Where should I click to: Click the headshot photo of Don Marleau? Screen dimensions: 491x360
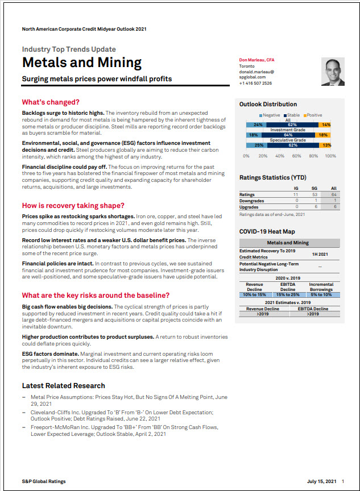pos(333,72)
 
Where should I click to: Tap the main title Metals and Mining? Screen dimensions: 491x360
pos(82,63)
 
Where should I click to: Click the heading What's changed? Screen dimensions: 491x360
pos(51,102)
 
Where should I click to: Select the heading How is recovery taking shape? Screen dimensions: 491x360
pos(73,205)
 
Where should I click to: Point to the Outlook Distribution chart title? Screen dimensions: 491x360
pos(268,105)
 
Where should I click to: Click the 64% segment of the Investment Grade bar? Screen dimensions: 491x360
pos(288,135)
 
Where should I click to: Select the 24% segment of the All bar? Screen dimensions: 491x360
pos(258,124)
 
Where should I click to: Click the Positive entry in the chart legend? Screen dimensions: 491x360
pos(314,115)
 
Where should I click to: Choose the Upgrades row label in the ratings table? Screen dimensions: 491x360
pos(248,207)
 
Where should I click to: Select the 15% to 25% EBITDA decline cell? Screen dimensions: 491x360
pos(288,295)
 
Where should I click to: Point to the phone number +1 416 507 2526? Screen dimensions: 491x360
pos(255,83)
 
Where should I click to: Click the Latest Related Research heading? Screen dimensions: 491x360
pos(64,385)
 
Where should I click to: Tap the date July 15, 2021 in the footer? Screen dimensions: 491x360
pos(321,481)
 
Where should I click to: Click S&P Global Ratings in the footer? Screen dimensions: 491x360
pos(44,481)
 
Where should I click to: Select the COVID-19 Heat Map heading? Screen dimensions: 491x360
pos(267,232)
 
